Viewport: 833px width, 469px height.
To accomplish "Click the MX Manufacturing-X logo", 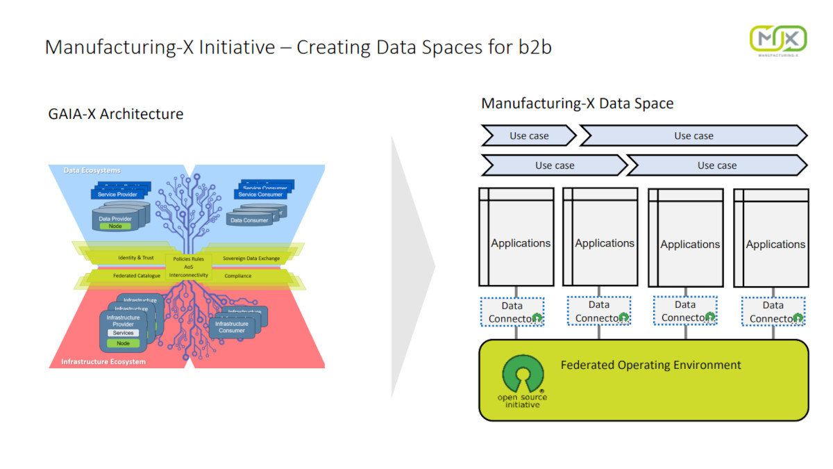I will [x=777, y=39].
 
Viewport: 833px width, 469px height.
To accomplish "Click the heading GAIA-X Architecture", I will [x=116, y=114].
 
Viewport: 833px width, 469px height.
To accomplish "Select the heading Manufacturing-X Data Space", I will [x=577, y=104].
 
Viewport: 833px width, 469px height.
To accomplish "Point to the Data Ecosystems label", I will [x=92, y=170].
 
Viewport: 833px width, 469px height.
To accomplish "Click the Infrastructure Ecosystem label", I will [x=103, y=362].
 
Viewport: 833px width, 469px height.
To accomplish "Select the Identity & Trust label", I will [x=136, y=258].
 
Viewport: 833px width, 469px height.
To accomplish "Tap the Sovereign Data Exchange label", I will [x=251, y=258].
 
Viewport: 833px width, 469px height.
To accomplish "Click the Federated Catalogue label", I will [x=137, y=276].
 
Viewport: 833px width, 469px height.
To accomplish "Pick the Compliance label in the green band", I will [x=238, y=276].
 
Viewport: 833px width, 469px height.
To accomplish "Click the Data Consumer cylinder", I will [x=249, y=220].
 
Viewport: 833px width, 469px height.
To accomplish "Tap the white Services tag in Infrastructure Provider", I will [x=123, y=333].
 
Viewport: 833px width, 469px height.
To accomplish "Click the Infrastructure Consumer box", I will [x=232, y=327].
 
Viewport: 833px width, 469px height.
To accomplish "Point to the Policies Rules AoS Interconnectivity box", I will [x=189, y=266].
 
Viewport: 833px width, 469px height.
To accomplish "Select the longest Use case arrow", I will [x=693, y=135].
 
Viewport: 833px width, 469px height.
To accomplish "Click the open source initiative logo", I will [x=522, y=382].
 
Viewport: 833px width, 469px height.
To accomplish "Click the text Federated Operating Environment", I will [x=650, y=365].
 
